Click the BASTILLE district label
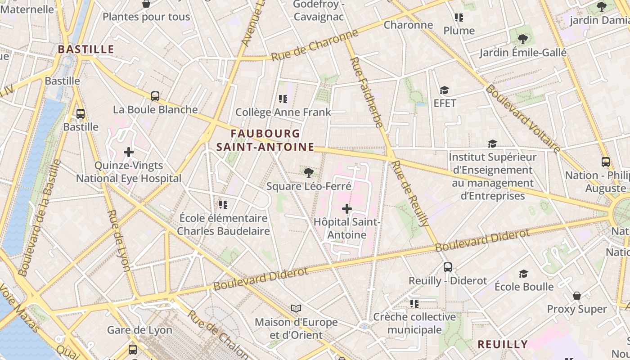point(86,49)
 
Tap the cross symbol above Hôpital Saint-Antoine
point(347,209)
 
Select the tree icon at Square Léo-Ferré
point(309,173)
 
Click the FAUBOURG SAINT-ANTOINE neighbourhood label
point(265,140)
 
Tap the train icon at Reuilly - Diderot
point(447,267)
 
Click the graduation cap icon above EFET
point(445,90)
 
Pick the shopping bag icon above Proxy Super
point(577,296)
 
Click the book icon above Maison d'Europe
point(296,308)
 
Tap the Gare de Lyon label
point(139,330)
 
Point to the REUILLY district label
point(503,344)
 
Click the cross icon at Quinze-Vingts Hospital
point(129,152)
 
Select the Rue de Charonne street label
point(315,45)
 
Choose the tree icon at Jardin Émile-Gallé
point(522,39)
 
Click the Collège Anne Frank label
point(283,112)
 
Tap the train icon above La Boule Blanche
point(155,96)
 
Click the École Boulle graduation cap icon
point(523,274)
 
